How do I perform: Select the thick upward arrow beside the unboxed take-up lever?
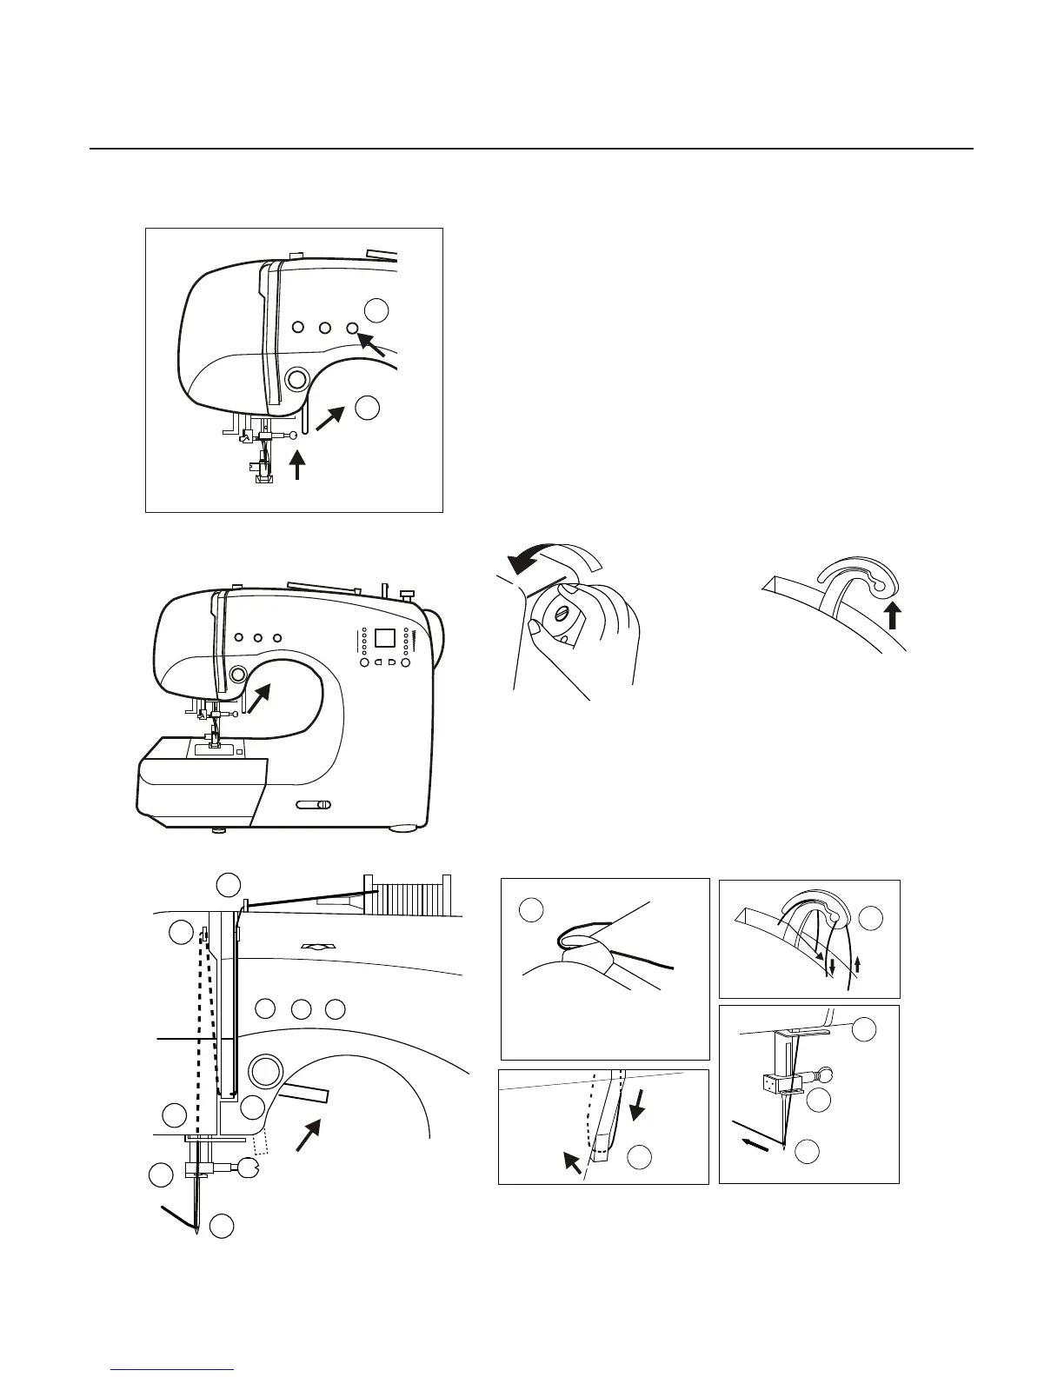click(893, 617)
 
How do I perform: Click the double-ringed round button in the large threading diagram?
click(266, 1070)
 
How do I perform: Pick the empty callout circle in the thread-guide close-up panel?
click(531, 910)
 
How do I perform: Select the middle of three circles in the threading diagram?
click(301, 1009)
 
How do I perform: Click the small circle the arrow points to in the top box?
click(353, 328)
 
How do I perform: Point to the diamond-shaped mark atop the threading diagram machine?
click(312, 945)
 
